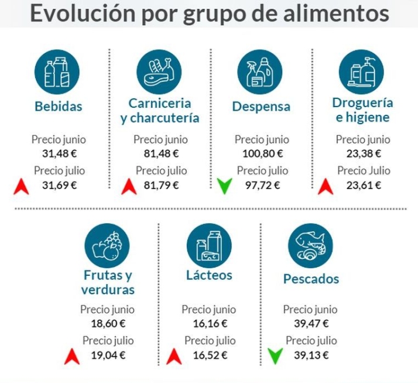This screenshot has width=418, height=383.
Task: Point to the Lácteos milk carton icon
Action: pos(209,246)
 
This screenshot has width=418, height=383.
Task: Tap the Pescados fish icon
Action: pos(310,246)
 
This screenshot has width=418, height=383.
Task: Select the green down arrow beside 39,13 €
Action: pos(275,354)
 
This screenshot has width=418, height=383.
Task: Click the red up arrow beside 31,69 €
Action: pos(22,186)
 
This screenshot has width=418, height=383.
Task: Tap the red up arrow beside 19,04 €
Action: pos(72,355)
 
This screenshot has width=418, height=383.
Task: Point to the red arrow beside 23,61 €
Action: pos(326,186)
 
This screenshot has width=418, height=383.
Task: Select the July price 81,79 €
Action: pos(161,186)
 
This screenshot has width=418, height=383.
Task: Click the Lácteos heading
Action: pos(209,275)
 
